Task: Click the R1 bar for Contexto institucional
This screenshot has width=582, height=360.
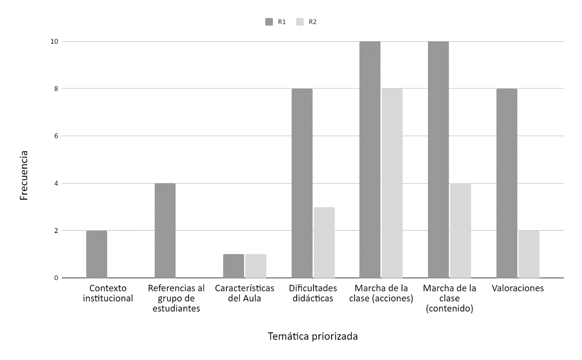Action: tap(97, 254)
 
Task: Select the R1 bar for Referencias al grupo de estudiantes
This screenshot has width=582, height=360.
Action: tap(165, 230)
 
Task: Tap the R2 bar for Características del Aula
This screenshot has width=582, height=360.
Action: tap(256, 266)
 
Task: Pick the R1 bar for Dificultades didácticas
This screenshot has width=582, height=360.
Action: tap(302, 183)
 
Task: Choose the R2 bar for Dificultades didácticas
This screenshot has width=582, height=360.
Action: tap(324, 243)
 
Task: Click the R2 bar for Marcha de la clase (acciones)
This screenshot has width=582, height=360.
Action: tap(392, 183)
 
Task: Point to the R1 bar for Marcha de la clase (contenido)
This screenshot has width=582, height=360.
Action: tap(438, 160)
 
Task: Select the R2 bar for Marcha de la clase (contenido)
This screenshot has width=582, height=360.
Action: tap(460, 230)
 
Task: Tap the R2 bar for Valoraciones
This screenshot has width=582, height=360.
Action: tap(529, 254)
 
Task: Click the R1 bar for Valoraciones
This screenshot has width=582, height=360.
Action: tap(507, 183)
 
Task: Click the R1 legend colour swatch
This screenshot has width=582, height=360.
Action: tap(269, 22)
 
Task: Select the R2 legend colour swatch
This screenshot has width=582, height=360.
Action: tap(300, 22)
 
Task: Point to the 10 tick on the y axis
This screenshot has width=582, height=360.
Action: tap(55, 42)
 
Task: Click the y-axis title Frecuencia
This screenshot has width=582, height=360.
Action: tap(24, 175)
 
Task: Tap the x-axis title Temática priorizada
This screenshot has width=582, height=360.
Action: tap(313, 336)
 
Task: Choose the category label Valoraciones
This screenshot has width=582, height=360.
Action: tap(518, 289)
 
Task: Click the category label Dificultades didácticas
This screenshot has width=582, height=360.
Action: tap(313, 294)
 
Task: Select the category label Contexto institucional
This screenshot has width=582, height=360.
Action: tap(108, 294)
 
